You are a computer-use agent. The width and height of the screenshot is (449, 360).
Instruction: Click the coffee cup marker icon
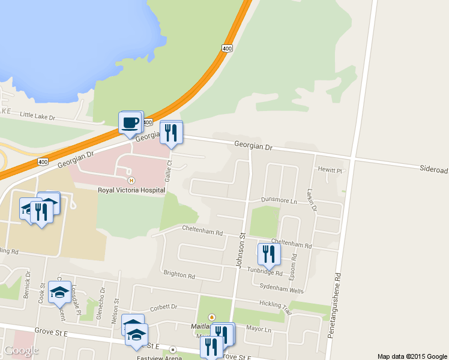pyautogui.click(x=130, y=124)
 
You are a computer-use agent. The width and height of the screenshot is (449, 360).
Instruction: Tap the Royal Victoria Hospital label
pyautogui.click(x=131, y=190)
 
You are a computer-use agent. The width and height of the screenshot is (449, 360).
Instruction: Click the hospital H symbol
pyautogui.click(x=131, y=180)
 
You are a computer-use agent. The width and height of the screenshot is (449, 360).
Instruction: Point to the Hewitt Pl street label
pyautogui.click(x=330, y=170)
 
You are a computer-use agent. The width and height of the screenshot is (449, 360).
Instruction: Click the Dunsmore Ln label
pyautogui.click(x=280, y=200)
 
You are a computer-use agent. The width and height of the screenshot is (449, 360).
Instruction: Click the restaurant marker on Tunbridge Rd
pyautogui.click(x=268, y=254)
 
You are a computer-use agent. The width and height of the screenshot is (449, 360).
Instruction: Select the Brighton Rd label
pyautogui.click(x=179, y=275)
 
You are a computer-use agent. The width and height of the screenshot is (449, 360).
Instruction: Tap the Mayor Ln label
pyautogui.click(x=259, y=329)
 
